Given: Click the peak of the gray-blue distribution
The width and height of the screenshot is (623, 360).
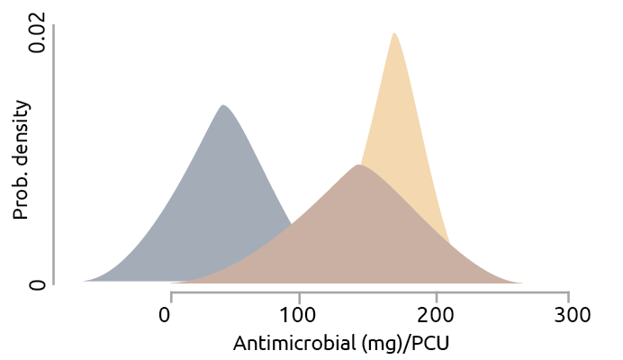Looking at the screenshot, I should (x=222, y=106).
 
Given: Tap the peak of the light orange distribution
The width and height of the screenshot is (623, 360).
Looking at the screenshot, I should (x=393, y=34).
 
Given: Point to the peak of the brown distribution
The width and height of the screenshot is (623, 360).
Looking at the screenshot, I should (x=358, y=166).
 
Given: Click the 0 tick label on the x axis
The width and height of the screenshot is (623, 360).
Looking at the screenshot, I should (x=166, y=315).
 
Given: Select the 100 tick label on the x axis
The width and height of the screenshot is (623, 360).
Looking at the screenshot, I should (x=298, y=315).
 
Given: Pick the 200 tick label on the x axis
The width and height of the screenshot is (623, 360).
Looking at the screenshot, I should (x=435, y=315).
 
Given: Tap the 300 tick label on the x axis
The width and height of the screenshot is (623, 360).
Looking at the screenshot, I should (x=567, y=315).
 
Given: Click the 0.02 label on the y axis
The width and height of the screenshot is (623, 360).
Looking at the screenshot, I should (x=37, y=34).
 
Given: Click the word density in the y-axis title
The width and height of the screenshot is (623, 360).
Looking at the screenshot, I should (x=21, y=130).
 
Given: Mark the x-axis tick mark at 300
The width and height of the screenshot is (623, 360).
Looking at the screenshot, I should (x=568, y=296).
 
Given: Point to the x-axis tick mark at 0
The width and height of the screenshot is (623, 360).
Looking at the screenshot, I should (x=171, y=296).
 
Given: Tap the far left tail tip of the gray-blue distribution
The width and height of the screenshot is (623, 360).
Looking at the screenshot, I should (x=84, y=282).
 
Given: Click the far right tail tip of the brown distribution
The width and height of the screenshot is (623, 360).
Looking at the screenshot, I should (x=521, y=283).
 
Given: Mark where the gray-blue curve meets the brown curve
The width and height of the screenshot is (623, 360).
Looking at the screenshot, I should (x=291, y=224).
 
